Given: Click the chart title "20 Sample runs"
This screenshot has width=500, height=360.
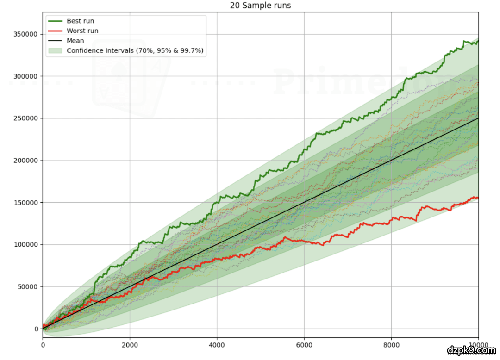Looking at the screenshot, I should tap(260, 6).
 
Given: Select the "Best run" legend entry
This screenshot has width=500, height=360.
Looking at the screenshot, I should tap(80, 21).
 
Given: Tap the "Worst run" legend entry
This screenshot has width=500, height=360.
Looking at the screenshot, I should tap(82, 31).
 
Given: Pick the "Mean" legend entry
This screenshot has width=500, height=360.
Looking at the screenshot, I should tap(75, 41).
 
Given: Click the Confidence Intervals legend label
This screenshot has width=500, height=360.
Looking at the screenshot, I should tap(135, 50).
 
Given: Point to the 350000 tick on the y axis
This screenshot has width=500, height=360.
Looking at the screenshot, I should tap(26, 34).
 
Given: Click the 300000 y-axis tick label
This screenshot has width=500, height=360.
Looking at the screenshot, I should tap(26, 76).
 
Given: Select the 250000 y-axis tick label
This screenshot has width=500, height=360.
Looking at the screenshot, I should tap(26, 118).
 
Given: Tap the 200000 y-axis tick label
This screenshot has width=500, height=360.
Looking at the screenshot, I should tap(26, 161).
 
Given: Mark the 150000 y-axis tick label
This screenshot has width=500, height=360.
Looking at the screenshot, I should tap(26, 203).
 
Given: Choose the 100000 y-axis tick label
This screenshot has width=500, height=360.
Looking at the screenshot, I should tap(26, 245).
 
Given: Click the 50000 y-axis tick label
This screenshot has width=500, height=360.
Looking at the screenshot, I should tap(28, 287).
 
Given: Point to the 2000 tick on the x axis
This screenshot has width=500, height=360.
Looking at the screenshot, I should tap(130, 345).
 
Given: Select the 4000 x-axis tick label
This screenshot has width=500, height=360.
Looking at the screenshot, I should tap(217, 345).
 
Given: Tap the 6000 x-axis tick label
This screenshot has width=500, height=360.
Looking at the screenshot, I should tap(304, 345).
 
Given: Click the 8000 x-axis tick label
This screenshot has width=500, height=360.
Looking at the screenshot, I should tap(391, 345).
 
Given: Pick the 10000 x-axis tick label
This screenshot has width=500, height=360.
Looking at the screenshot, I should tap(477, 345).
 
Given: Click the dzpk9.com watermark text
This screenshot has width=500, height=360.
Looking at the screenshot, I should tap(471, 350).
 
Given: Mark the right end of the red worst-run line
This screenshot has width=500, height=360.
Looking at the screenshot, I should tap(478, 198).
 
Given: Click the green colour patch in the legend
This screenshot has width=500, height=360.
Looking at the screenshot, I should tap(55, 50).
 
